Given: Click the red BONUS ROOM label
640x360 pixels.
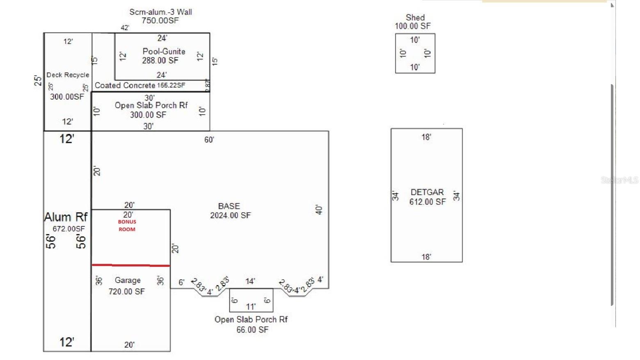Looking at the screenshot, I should point(127,225).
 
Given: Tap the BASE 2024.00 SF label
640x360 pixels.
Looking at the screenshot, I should point(230,211).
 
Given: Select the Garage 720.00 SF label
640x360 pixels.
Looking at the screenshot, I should point(127,286).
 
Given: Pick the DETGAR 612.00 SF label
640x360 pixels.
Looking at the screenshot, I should point(427,197).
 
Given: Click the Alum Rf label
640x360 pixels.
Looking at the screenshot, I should point(66,217).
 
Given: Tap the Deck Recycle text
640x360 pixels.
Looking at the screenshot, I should point(68,75).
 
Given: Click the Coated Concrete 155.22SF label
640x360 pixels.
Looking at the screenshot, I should point(140,85).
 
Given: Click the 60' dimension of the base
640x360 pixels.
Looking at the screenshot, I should point(209,140).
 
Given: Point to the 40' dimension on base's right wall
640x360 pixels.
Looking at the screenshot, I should point(319,210).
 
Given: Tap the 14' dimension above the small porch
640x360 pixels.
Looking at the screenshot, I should point(250,281).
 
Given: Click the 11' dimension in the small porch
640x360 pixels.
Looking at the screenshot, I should point(251,307).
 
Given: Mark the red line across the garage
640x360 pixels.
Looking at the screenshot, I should point(130,265).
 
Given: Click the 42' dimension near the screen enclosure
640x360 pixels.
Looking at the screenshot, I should point(125,28).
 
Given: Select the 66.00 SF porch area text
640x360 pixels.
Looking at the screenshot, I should point(252,330).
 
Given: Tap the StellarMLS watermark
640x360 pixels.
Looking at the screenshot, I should point(619,180).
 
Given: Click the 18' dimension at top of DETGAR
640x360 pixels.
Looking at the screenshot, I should point(426,137).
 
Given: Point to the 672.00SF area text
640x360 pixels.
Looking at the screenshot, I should point(69,229).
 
